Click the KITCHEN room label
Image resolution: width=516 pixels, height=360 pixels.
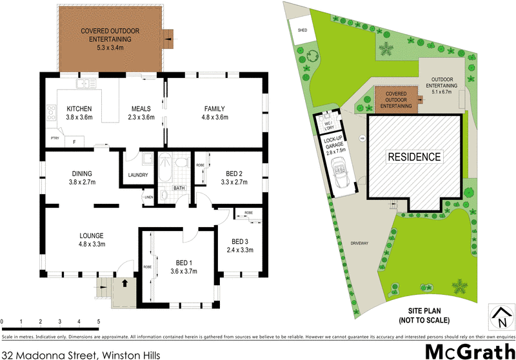(x=79, y=108)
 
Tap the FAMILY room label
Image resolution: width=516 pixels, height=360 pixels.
(x=216, y=108)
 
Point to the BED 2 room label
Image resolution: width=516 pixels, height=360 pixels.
(x=234, y=174)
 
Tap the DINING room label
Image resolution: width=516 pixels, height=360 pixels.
(x=82, y=173)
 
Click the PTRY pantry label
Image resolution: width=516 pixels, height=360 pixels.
(x=55, y=138)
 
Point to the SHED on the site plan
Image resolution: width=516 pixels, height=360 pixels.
(x=303, y=30)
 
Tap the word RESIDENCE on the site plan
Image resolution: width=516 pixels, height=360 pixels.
(x=415, y=157)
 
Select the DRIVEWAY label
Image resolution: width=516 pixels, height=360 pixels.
(x=359, y=243)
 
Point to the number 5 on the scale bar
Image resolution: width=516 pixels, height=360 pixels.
(x=98, y=321)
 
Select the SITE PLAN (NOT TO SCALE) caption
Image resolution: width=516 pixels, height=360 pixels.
(x=424, y=316)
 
